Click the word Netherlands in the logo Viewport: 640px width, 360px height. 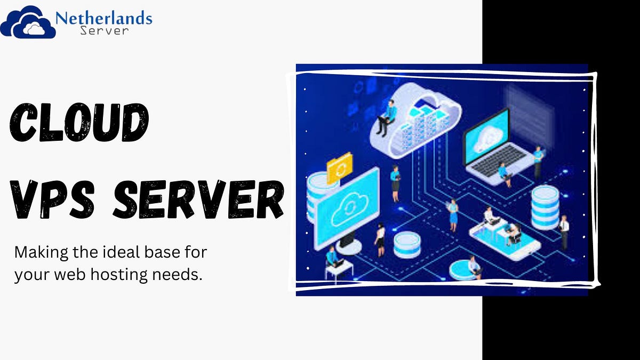(x=103, y=18)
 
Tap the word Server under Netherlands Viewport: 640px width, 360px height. (x=105, y=30)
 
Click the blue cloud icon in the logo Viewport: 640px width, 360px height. (x=28, y=22)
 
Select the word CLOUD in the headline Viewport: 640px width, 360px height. (x=79, y=122)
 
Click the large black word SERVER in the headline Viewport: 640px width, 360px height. (x=198, y=199)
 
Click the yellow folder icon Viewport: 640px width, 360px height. (x=340, y=168)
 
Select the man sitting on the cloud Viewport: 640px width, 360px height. (x=387, y=117)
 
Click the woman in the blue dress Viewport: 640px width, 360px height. (x=453, y=215)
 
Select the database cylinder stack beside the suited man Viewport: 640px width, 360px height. (x=545, y=207)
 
